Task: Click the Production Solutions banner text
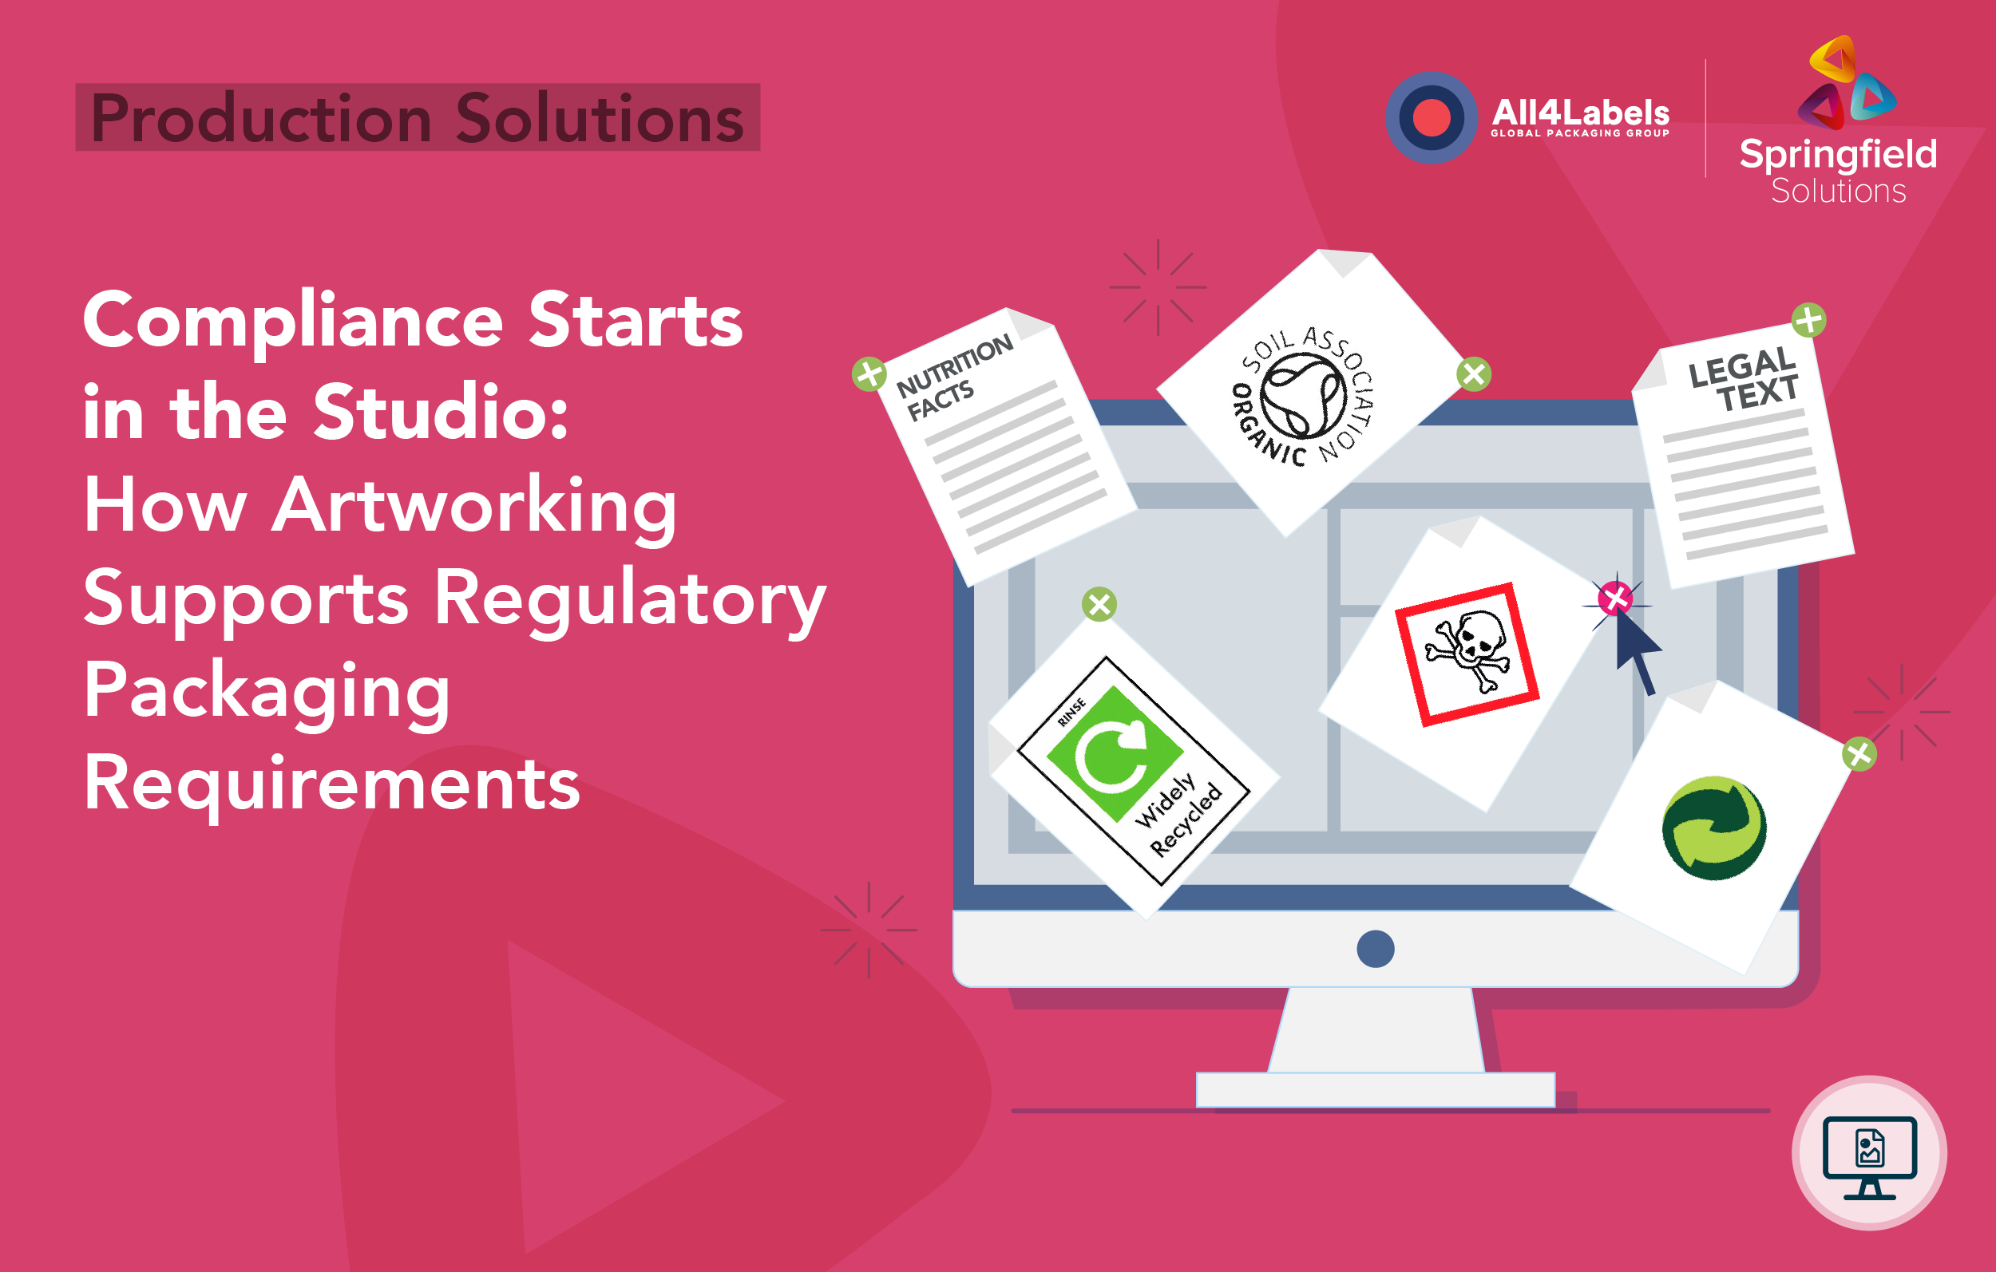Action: pyautogui.click(x=417, y=117)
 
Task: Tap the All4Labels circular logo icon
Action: pyautogui.click(x=1431, y=117)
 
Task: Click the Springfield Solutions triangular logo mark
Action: pyautogui.click(x=1846, y=83)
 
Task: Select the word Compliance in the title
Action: pyautogui.click(x=292, y=322)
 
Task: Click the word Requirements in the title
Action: pyautogui.click(x=331, y=783)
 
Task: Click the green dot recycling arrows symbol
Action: pyautogui.click(x=1713, y=828)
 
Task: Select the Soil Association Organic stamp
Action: pyautogui.click(x=1303, y=396)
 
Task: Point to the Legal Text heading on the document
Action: pyautogui.click(x=1743, y=380)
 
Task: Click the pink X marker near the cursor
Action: pyautogui.click(x=1614, y=598)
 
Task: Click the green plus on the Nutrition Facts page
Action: pyautogui.click(x=869, y=373)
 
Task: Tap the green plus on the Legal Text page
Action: pyautogui.click(x=1808, y=320)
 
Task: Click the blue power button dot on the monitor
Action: pyautogui.click(x=1375, y=949)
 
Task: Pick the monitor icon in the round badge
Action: pyautogui.click(x=1869, y=1154)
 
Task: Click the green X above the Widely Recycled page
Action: pyautogui.click(x=1099, y=604)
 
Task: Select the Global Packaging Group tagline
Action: pyautogui.click(x=1580, y=133)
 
